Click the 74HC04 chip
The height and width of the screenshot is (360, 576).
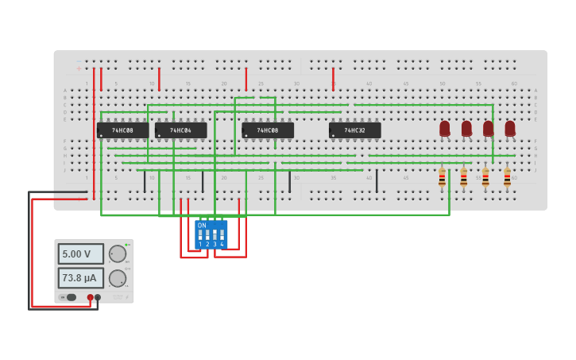[x=180, y=130]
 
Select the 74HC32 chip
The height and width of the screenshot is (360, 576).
[x=354, y=130]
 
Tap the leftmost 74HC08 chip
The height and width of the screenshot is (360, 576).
[x=122, y=130]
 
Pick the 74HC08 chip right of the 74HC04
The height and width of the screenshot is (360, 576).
[x=268, y=130]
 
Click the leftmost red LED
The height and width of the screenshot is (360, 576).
[x=445, y=128]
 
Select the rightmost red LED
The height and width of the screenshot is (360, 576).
[x=510, y=128]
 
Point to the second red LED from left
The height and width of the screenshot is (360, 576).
[x=466, y=128]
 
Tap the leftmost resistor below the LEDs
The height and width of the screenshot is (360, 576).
[x=442, y=179]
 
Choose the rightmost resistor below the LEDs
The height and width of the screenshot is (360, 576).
[x=507, y=179]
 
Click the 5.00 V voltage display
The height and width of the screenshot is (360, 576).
[x=80, y=254]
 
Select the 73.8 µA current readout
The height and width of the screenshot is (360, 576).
[x=80, y=278]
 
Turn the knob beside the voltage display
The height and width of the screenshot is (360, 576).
[x=118, y=254]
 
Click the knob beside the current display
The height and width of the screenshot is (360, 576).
[x=118, y=278]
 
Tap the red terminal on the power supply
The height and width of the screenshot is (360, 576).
[x=91, y=297]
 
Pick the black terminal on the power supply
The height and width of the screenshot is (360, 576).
[x=98, y=297]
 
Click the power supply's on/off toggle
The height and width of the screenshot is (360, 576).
[x=70, y=297]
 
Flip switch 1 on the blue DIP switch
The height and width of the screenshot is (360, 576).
[x=200, y=235]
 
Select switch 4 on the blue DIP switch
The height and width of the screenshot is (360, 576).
[x=222, y=235]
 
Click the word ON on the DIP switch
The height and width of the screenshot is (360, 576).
[x=202, y=226]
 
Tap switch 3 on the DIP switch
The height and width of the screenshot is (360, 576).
[x=215, y=235]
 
